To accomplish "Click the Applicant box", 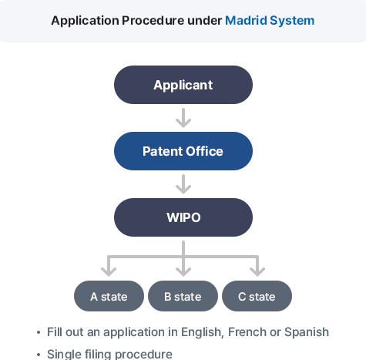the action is pos(183,85).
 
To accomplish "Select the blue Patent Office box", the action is pos(183,151).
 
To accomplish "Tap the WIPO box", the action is pos(183,217).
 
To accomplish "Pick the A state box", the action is pos(109,296).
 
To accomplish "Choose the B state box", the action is pos(183,296).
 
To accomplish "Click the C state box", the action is pos(257,296).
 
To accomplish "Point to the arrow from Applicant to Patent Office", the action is pos(183,118).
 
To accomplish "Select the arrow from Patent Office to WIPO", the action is pos(183,184).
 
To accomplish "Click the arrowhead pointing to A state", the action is pos(109,271).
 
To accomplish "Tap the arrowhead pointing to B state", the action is pos(183,271).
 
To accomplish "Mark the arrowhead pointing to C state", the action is pos(257,271).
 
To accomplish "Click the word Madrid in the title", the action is pos(246,21).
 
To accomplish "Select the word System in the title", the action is pos(292,21).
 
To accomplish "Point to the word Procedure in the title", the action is pos(153,21).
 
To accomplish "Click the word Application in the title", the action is pos(85,21).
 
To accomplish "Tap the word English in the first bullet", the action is pos(202,332).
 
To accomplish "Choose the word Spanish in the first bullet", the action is pos(307,332).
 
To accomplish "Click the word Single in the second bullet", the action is pos(64,355).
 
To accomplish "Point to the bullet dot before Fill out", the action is pos(39,332).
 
